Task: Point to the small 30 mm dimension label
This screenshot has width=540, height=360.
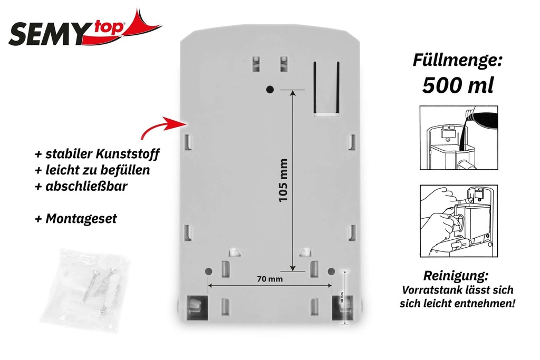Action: point(342,298)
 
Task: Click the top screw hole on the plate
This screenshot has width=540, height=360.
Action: point(269,89)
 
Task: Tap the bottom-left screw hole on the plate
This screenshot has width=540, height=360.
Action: point(208,270)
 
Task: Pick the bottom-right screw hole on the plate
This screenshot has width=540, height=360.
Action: point(331,270)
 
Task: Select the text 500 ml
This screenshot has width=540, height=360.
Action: point(458,85)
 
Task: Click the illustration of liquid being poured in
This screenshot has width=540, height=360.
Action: point(458,138)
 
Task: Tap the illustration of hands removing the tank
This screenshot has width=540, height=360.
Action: point(458,220)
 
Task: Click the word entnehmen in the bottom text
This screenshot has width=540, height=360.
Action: point(482,304)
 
